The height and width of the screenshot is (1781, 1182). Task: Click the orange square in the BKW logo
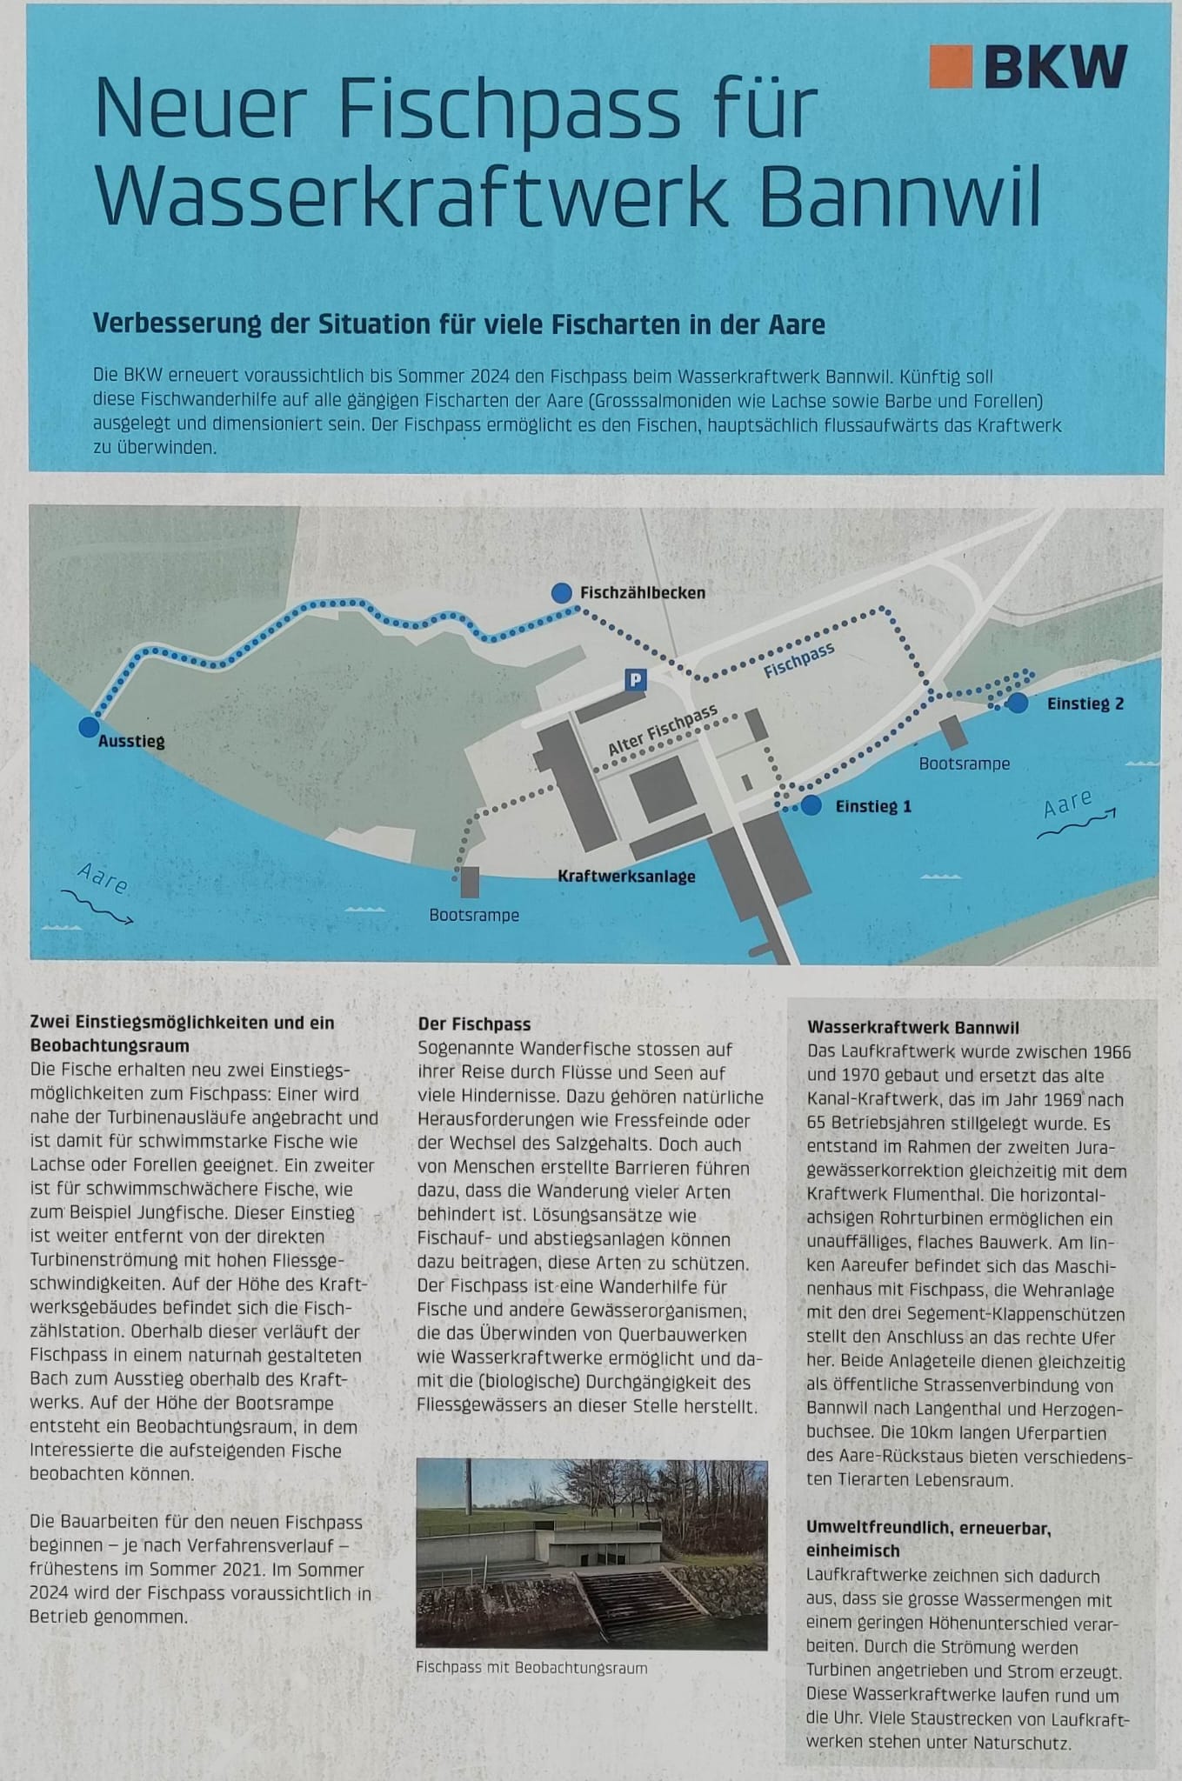tap(950, 67)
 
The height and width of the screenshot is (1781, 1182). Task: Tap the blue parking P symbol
tap(637, 680)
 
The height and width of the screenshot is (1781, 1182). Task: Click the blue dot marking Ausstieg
tap(88, 727)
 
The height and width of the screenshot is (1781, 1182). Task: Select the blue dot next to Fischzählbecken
tap(562, 592)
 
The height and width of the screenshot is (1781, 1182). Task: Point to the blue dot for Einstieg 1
tap(811, 805)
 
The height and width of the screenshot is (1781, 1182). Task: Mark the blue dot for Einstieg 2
tap(1018, 703)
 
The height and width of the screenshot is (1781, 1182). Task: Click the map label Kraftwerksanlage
tap(626, 877)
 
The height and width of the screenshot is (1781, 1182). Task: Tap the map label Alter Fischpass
tap(663, 730)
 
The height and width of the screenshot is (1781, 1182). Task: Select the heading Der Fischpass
tap(474, 1024)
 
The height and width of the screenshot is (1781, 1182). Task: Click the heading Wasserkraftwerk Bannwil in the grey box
tap(913, 1028)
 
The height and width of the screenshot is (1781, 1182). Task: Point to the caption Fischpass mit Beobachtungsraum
tap(531, 1668)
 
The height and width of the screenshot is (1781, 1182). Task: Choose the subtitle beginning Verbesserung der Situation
tap(458, 324)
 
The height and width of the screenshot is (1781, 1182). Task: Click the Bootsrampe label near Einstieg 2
tap(965, 764)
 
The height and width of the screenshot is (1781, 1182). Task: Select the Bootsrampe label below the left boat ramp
tap(474, 915)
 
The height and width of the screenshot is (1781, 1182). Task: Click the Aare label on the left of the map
tap(103, 879)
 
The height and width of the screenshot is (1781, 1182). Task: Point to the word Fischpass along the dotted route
tap(798, 661)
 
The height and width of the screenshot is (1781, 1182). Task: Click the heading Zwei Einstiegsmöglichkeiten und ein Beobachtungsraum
tap(183, 1033)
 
